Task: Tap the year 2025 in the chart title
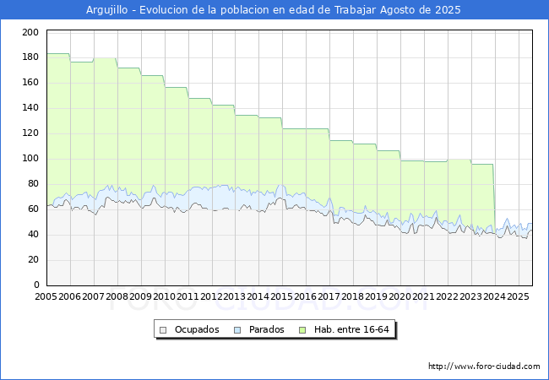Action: pos(448,10)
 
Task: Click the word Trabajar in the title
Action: pos(355,10)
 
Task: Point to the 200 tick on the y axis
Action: pos(30,32)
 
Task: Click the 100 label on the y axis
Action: pos(30,158)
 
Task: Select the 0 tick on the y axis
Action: pos(36,285)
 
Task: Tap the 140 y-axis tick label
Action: pos(30,107)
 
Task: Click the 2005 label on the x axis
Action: pos(46,296)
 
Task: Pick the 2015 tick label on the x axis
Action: pos(282,296)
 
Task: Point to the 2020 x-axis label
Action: pos(400,296)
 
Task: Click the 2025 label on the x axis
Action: pos(518,296)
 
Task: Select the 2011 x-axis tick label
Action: pos(188,296)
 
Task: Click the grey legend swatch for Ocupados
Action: pos(163,330)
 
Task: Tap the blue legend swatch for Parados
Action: pos(237,330)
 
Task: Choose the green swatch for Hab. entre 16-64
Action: pos(302,330)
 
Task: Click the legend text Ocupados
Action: pos(197,329)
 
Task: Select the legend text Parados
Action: pos(266,329)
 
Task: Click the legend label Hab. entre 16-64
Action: pos(351,329)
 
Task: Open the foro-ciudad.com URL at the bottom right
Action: pos(484,366)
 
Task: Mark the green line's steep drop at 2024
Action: pos(494,198)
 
